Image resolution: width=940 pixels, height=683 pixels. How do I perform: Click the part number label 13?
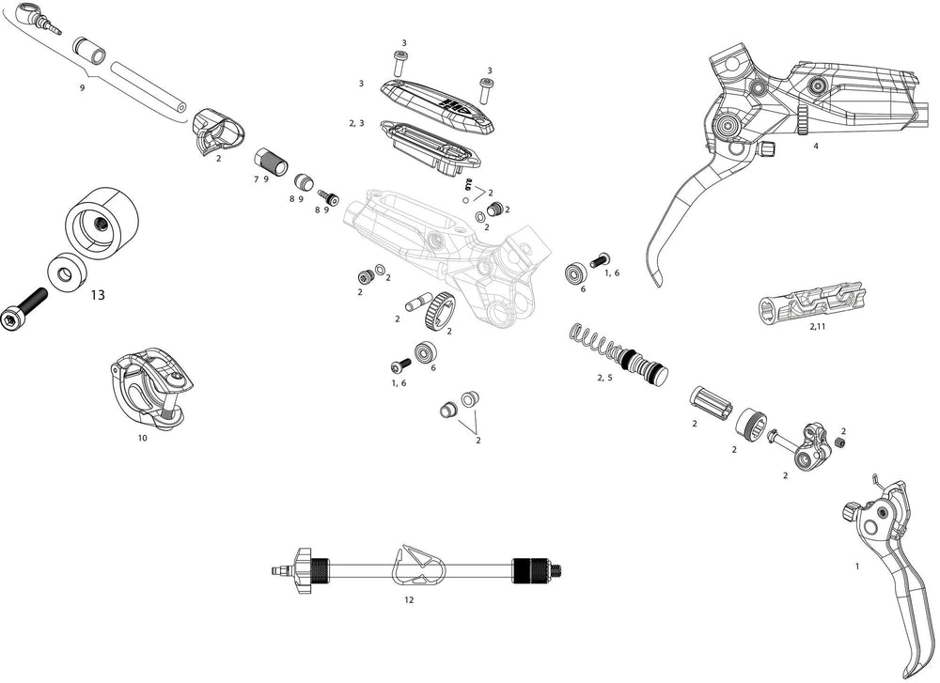point(98,295)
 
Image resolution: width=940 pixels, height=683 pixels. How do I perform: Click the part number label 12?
point(409,598)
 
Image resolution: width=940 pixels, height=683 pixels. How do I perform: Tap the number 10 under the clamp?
point(142,438)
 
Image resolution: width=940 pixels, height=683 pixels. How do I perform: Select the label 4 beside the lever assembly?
point(816,147)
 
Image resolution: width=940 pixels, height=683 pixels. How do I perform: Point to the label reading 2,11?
point(817,326)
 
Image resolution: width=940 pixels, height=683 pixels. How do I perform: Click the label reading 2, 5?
point(604,378)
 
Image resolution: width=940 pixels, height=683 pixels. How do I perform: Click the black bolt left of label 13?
point(28,310)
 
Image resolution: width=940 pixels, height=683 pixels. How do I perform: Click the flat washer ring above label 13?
point(66,274)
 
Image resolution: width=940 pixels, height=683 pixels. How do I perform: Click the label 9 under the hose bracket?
point(83,87)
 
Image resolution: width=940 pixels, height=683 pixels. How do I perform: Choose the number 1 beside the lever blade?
point(857,567)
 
